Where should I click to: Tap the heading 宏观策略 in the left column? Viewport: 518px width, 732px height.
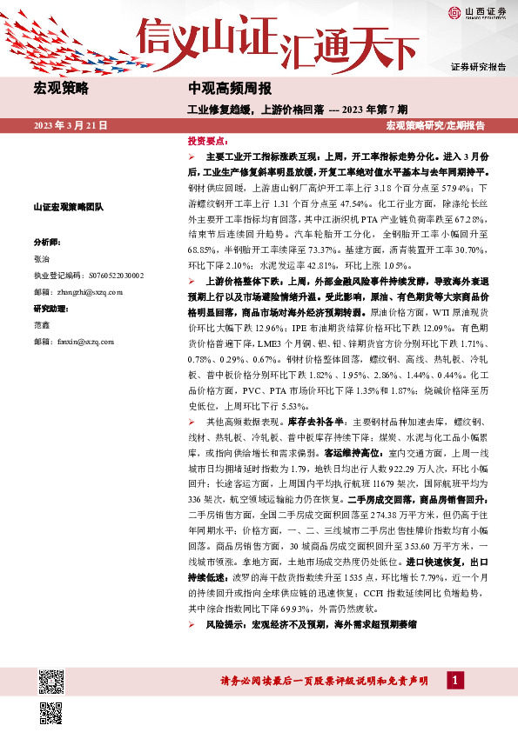pyautogui.click(x=61, y=89)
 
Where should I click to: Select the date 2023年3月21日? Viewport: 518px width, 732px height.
pyautogui.click(x=71, y=126)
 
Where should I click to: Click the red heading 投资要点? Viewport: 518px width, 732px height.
pyautogui.click(x=208, y=141)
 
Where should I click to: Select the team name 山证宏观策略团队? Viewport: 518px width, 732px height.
pyautogui.click(x=68, y=207)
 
